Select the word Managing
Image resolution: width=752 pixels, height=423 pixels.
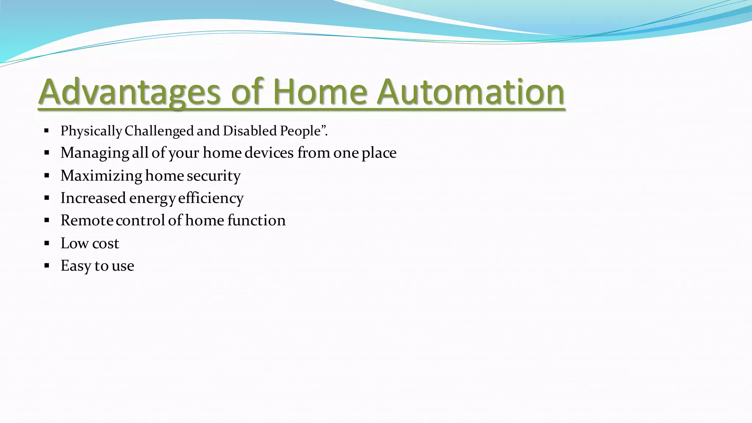pyautogui.click(x=95, y=153)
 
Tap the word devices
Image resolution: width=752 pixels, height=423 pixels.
pyautogui.click(x=269, y=153)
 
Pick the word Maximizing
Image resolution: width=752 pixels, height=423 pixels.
pyautogui.click(x=101, y=176)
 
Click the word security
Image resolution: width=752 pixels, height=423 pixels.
pyautogui.click(x=214, y=176)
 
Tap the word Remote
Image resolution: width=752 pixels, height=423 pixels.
pyautogui.click(x=87, y=221)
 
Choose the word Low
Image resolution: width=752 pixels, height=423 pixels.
pyautogui.click(x=75, y=243)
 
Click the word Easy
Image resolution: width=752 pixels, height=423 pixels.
pyautogui.click(x=76, y=266)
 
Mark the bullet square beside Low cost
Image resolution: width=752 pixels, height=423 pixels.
pyautogui.click(x=47, y=243)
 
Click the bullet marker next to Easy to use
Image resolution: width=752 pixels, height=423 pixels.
pyautogui.click(x=47, y=265)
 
